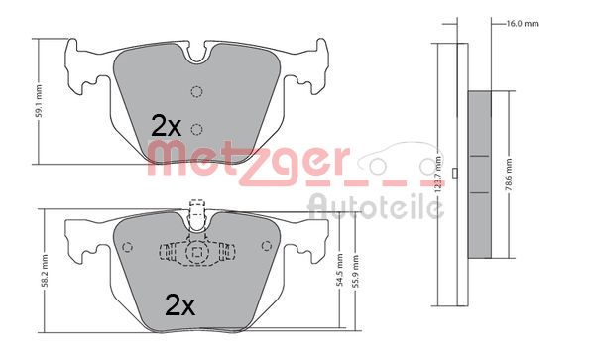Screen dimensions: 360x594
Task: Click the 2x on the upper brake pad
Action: click(166, 126)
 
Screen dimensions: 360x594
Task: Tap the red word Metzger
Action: click(248, 160)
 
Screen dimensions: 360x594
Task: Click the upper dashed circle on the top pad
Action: click(196, 93)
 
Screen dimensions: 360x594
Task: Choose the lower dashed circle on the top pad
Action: click(196, 128)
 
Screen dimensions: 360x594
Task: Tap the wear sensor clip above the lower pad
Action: click(195, 214)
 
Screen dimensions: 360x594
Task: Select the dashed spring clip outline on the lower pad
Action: click(196, 253)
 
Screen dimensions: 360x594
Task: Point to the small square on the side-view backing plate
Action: click(454, 177)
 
